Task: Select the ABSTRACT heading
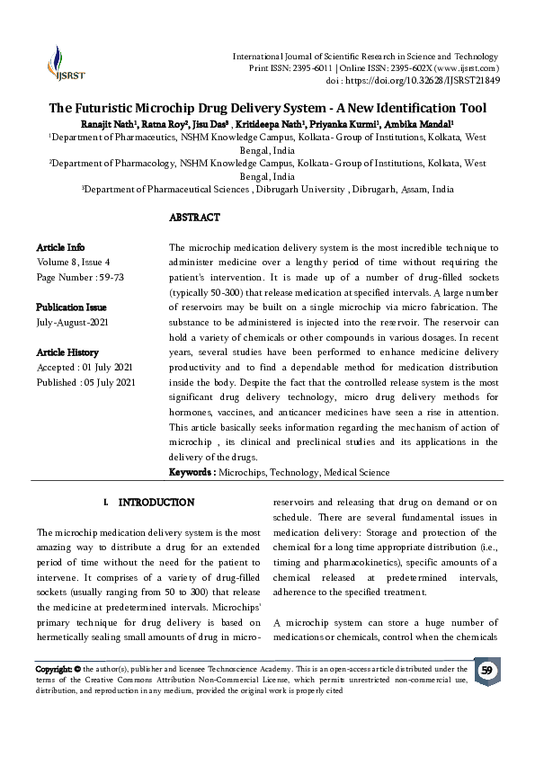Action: click(x=194, y=218)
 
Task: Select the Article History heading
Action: click(x=67, y=352)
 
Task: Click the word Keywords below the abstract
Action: click(x=192, y=472)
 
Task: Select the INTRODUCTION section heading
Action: click(x=156, y=502)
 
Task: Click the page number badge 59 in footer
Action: click(x=486, y=671)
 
